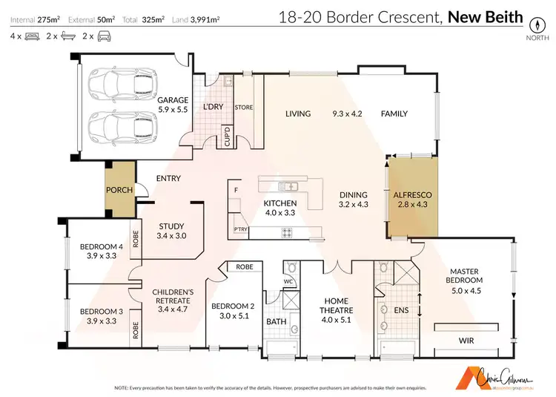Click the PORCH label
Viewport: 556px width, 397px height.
coord(119,190)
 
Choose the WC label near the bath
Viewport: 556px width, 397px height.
coord(289,281)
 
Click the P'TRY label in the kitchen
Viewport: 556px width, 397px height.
coord(240,230)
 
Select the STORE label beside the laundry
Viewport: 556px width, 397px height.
coord(244,108)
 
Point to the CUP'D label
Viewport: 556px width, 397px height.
coord(228,137)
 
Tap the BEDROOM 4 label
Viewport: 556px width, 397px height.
coord(100,251)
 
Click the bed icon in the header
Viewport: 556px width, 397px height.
coord(31,36)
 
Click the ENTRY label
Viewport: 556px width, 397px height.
coord(168,178)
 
